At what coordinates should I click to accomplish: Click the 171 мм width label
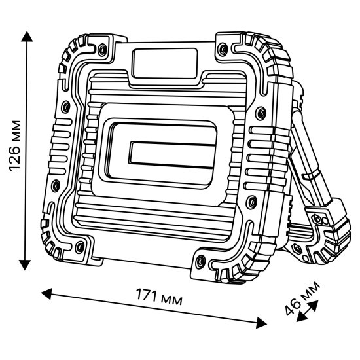156,298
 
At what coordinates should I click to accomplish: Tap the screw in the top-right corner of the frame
223,48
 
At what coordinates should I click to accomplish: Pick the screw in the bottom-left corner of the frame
80,247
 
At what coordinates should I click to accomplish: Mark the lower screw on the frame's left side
56,184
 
